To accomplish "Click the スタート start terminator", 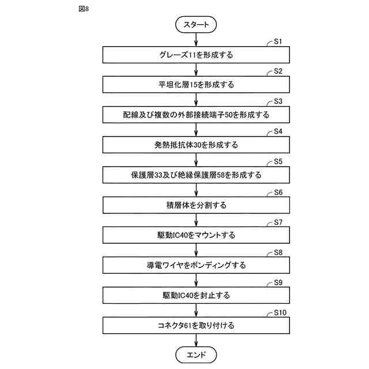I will pyautogui.click(x=196, y=25).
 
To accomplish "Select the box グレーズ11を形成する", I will pyautogui.click(x=196, y=55).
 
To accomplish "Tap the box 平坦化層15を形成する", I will pyautogui.click(x=196, y=85).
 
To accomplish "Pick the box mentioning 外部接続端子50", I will pyautogui.click(x=196, y=115).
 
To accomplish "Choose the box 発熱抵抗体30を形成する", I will pyautogui.click(x=196, y=145).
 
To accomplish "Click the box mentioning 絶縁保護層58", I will pyautogui.click(x=196, y=175).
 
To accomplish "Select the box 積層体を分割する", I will pyautogui.click(x=196, y=205).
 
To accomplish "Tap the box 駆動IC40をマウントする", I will pyautogui.click(x=196, y=235).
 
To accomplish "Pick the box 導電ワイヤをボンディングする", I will pyautogui.click(x=196, y=265).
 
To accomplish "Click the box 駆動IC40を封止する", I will pyautogui.click(x=196, y=295).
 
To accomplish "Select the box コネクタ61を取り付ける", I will pyautogui.click(x=196, y=325).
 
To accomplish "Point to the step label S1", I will pyautogui.click(x=277, y=41).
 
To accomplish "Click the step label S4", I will pyautogui.click(x=277, y=131).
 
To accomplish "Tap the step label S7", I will pyautogui.click(x=277, y=221).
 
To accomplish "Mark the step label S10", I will pyautogui.click(x=279, y=311).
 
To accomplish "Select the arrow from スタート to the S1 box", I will pyautogui.click(x=196, y=39).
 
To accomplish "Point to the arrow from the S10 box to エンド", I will pyautogui.click(x=196, y=340).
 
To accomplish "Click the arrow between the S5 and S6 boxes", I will pyautogui.click(x=196, y=190).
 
